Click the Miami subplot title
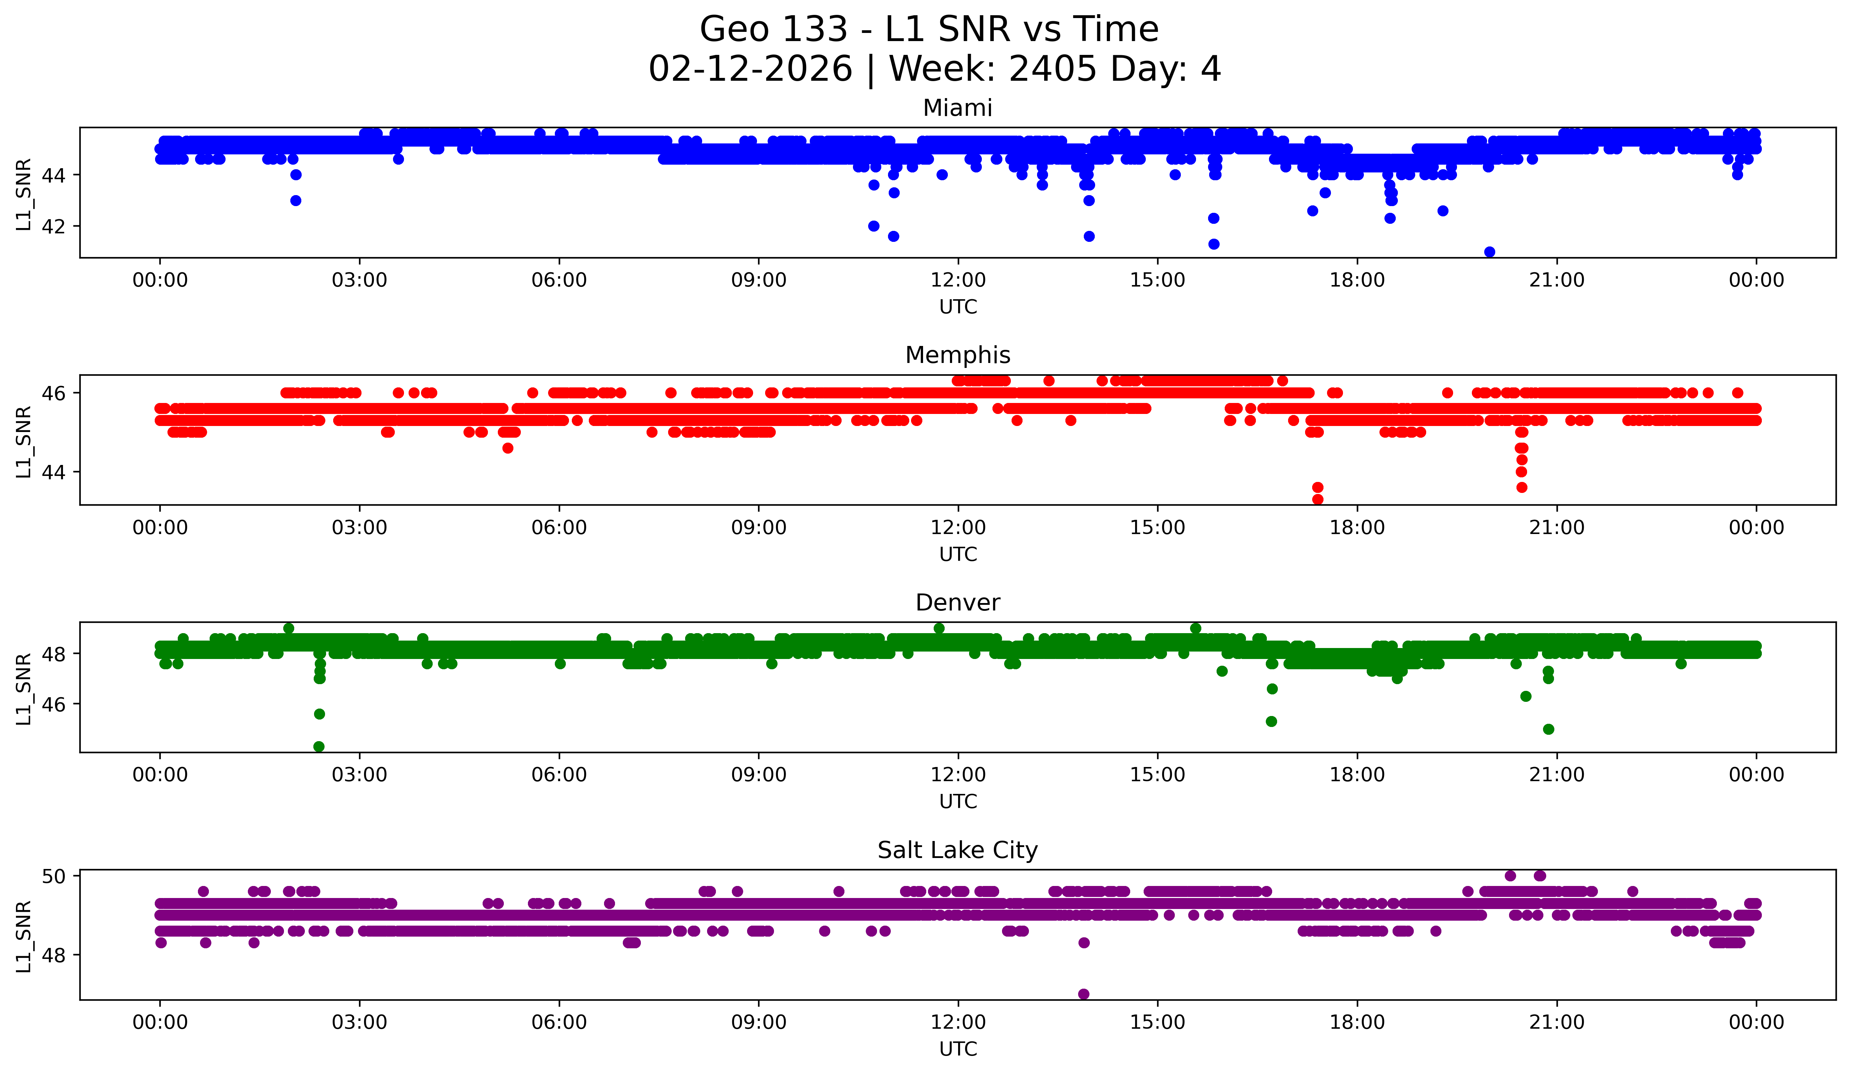pos(957,108)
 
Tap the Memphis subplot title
pos(957,355)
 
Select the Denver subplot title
pos(957,603)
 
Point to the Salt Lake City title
pos(957,850)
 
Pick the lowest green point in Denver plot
pos(319,746)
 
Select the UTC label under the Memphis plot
pos(958,554)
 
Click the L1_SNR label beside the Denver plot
pos(23,688)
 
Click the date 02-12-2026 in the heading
pos(750,69)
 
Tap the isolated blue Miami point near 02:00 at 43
pos(295,200)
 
